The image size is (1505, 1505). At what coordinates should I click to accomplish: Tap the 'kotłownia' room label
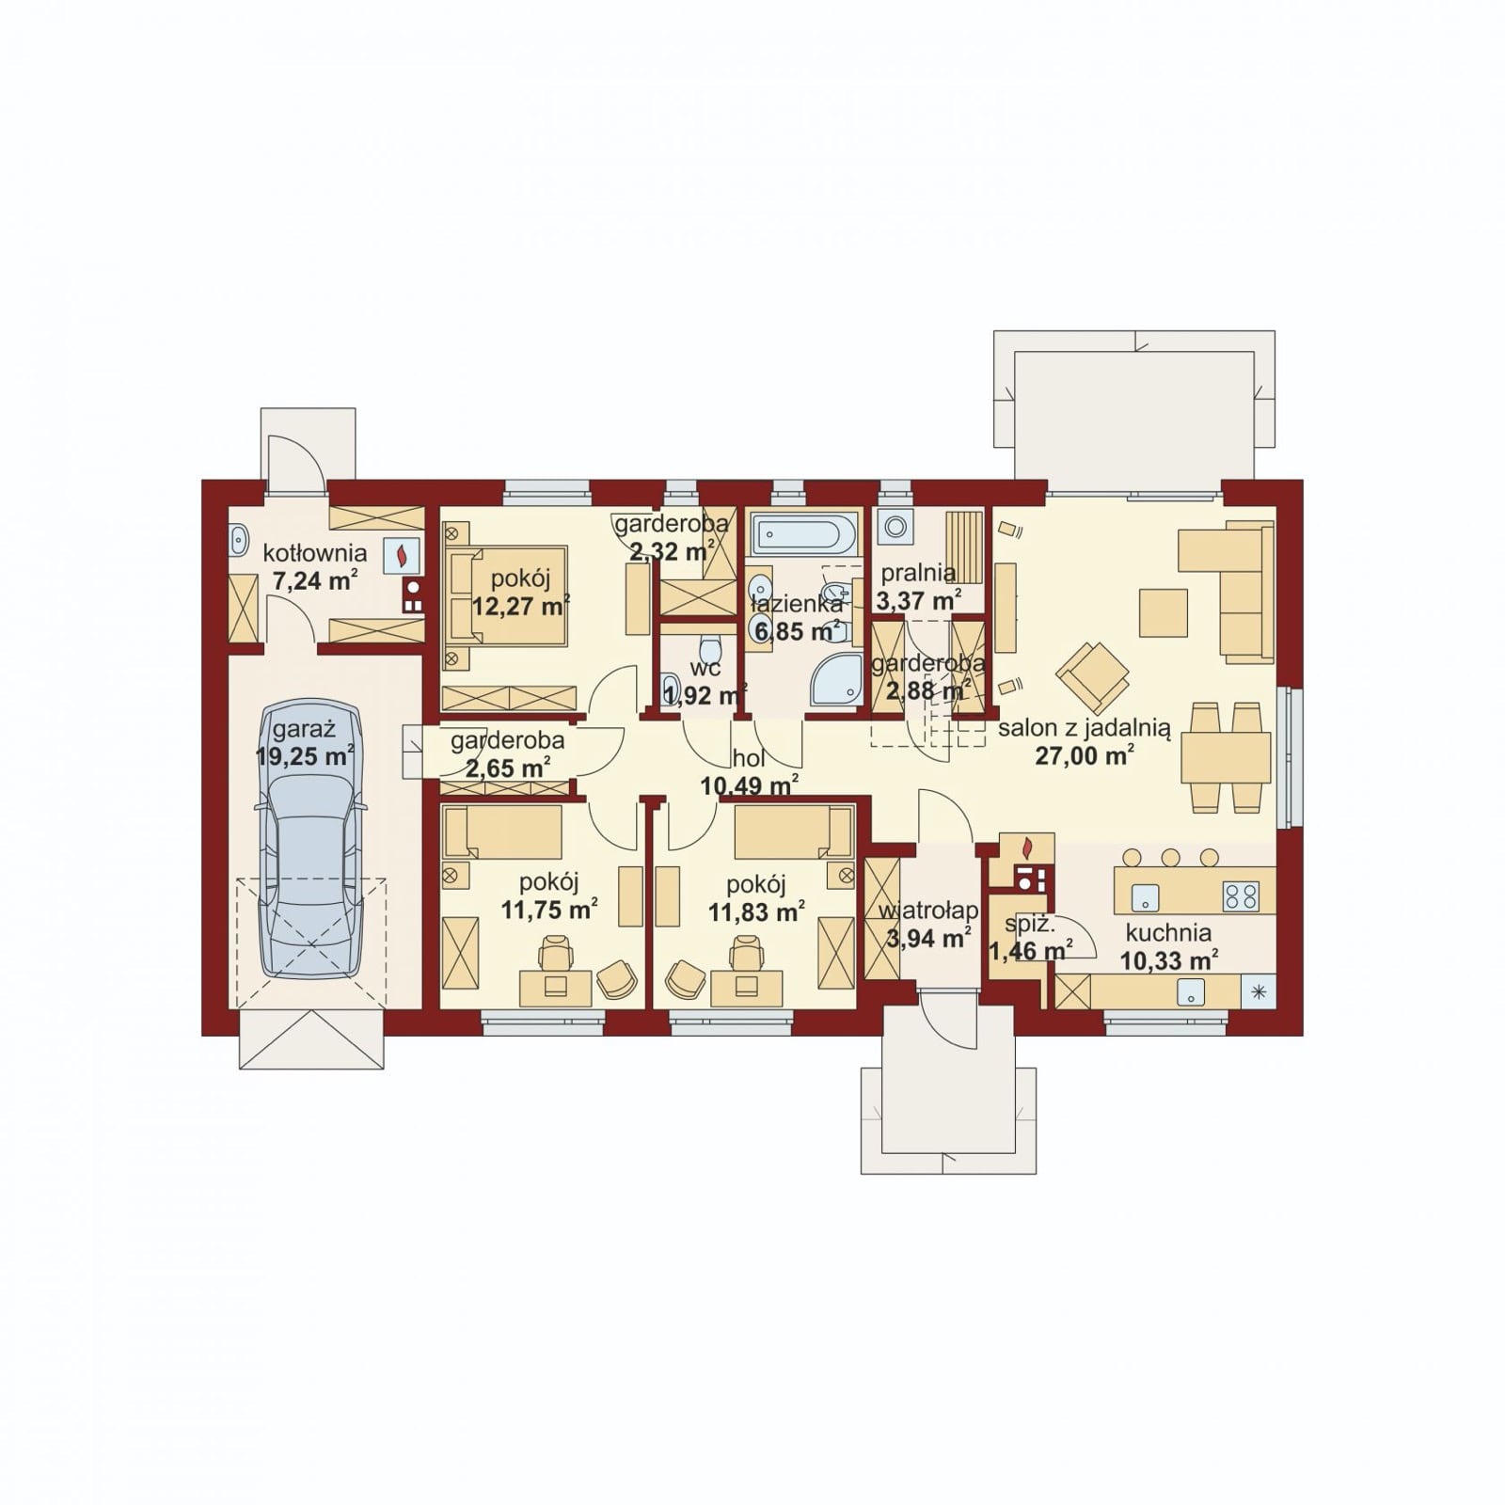[x=314, y=552]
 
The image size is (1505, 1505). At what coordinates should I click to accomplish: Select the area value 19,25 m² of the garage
[x=305, y=755]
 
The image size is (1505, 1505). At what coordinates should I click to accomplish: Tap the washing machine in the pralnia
[x=895, y=527]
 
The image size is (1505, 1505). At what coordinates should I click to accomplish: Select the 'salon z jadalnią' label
[x=1084, y=728]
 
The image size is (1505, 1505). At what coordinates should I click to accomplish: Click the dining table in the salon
[x=1226, y=758]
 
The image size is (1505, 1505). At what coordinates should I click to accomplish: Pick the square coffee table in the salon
[x=1164, y=612]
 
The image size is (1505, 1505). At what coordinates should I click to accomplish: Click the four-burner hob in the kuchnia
[x=1242, y=895]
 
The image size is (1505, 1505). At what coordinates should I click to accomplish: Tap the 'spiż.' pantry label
[x=1023, y=924]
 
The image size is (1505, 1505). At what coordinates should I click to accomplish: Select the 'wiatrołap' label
[x=927, y=911]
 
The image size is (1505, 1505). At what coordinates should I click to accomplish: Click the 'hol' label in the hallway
[x=749, y=758]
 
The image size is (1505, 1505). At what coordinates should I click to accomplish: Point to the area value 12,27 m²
[x=521, y=605]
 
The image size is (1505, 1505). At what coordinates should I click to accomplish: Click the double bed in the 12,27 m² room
[x=508, y=595]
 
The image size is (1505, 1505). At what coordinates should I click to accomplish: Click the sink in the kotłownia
[x=238, y=541]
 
